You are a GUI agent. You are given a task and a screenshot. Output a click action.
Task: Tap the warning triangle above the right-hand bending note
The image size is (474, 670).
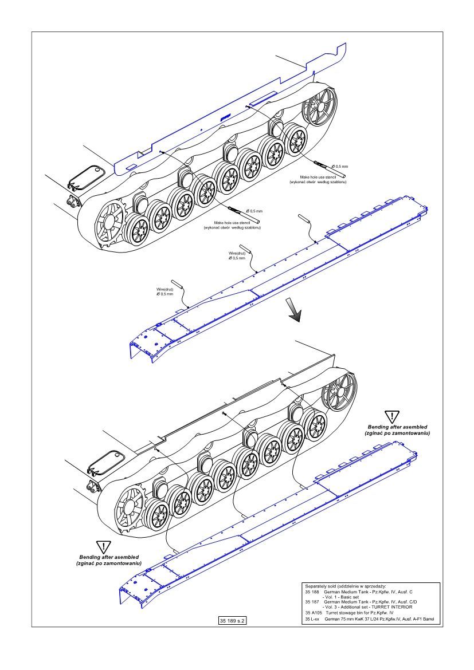click(x=391, y=417)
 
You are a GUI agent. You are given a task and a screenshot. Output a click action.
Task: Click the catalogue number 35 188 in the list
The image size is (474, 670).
click(x=312, y=592)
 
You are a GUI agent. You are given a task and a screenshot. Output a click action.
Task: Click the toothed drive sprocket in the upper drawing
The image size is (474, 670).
click(x=109, y=221)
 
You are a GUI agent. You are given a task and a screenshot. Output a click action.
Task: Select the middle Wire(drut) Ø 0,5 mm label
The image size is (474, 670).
click(x=237, y=255)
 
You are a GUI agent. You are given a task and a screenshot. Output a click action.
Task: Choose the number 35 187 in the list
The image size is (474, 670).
click(x=312, y=602)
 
